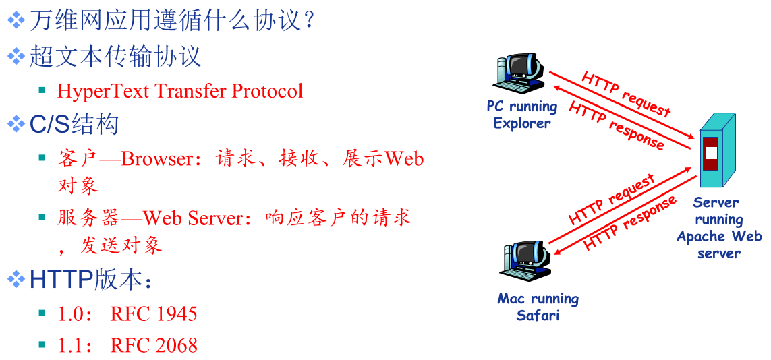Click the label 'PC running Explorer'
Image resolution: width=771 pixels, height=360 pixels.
(521, 115)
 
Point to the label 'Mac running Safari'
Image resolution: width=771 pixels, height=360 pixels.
(538, 307)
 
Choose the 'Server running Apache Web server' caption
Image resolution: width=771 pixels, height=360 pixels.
(719, 227)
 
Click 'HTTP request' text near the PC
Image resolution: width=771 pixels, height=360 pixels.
(626, 94)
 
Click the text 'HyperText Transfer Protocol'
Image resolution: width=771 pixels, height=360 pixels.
(180, 92)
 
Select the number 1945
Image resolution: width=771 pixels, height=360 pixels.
(176, 313)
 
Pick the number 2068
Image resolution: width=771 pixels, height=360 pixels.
(176, 346)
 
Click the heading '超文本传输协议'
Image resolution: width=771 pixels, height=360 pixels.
(116, 57)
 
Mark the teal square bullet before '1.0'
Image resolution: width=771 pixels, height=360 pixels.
(42, 312)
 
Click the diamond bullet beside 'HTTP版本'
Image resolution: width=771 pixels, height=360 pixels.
(16, 280)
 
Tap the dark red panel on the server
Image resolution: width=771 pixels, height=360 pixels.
(710, 154)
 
